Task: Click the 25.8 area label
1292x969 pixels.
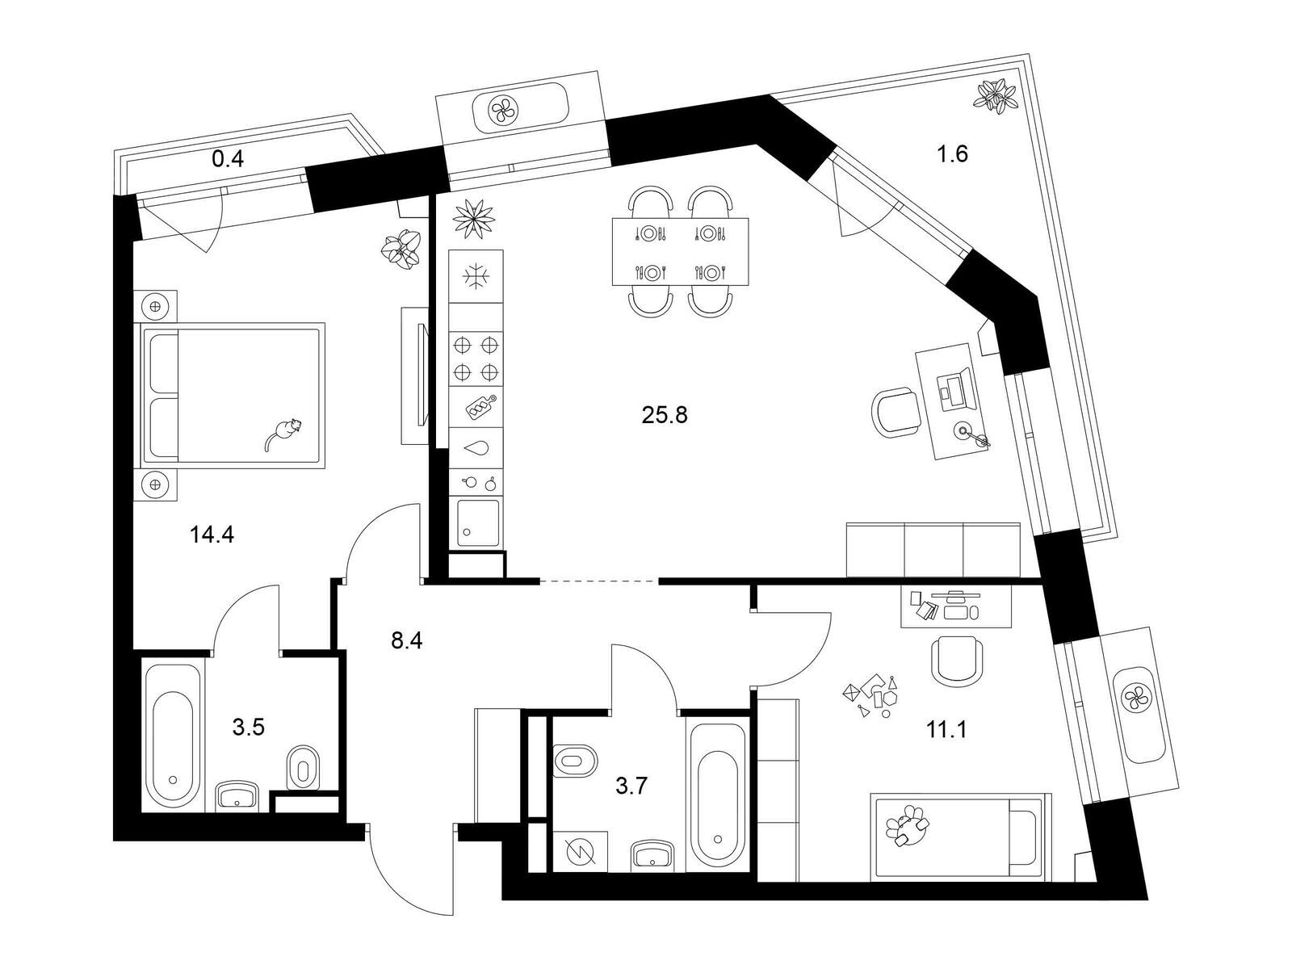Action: (x=665, y=415)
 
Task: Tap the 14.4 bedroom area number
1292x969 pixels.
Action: (x=212, y=535)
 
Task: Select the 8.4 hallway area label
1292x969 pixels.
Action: (x=407, y=640)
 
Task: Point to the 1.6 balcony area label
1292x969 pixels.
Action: (x=952, y=154)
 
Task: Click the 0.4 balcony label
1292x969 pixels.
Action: (x=228, y=159)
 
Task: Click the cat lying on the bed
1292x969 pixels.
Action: (x=283, y=433)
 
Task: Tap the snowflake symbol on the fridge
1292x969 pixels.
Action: (x=475, y=276)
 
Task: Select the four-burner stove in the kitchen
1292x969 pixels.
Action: (x=476, y=359)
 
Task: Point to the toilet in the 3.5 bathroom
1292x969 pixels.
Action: (x=303, y=768)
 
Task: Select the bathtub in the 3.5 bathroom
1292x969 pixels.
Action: (x=173, y=736)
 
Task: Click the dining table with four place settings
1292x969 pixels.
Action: (x=681, y=252)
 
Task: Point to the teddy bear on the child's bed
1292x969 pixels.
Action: (x=907, y=825)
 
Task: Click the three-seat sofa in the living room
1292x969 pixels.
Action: (x=933, y=550)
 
